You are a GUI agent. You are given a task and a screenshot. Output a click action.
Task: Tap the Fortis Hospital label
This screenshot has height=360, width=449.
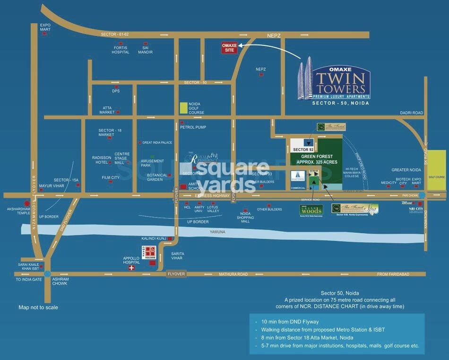(x=121, y=50)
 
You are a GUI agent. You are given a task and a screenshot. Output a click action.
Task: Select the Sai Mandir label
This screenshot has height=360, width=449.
(x=146, y=50)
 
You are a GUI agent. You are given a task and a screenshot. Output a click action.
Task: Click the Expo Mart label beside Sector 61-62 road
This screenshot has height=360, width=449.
(x=45, y=27)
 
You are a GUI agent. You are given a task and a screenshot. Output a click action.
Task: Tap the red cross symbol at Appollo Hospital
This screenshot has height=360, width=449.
(x=131, y=268)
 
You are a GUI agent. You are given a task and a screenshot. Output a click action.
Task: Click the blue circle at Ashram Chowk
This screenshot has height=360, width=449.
(x=47, y=274)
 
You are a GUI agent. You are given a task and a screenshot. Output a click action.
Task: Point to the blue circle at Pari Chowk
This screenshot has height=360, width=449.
(x=423, y=195)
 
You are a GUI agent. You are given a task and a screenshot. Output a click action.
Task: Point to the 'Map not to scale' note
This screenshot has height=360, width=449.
(x=38, y=307)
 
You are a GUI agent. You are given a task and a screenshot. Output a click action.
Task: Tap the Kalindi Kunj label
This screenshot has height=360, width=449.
(x=152, y=239)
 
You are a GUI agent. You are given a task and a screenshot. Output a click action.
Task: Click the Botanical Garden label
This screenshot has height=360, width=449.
(x=157, y=177)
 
